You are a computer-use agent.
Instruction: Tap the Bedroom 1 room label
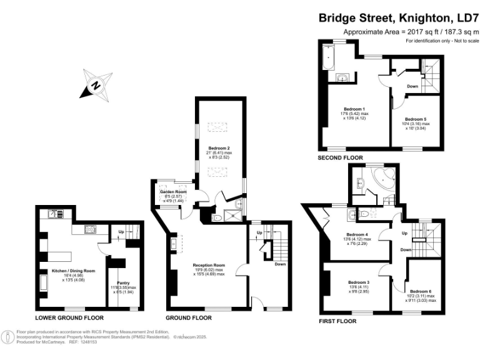click(355, 108)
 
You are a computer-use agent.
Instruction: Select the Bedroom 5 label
click(416, 119)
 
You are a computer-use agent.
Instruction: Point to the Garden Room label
click(169, 191)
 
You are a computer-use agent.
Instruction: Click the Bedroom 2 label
click(218, 148)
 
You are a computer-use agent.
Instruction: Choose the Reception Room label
click(208, 265)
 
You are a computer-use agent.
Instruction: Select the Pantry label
click(123, 282)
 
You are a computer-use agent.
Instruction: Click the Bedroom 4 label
click(357, 234)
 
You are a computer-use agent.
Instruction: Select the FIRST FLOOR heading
click(337, 321)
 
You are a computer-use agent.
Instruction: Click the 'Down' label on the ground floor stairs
click(280, 264)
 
